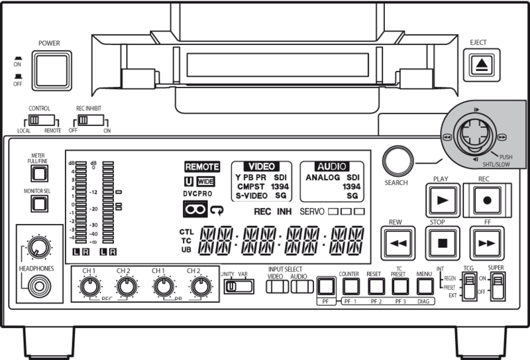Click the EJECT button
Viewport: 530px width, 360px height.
[x=478, y=64]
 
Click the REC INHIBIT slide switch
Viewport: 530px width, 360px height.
[x=86, y=121]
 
